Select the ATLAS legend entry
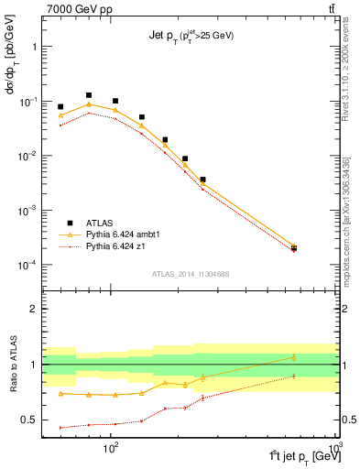pyautogui.click(x=100, y=223)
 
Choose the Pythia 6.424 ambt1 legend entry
pyautogui.click(x=122, y=234)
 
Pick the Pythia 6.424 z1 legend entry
pyautogui.click(x=116, y=246)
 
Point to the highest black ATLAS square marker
pyautogui.click(x=89, y=95)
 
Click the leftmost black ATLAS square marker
pyautogui.click(x=60, y=107)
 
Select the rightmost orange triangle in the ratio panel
pyautogui.click(x=294, y=356)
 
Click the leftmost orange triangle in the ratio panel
pyautogui.click(x=60, y=393)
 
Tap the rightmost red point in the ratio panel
pyautogui.click(x=294, y=376)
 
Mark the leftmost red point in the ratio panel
pyautogui.click(x=60, y=428)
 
